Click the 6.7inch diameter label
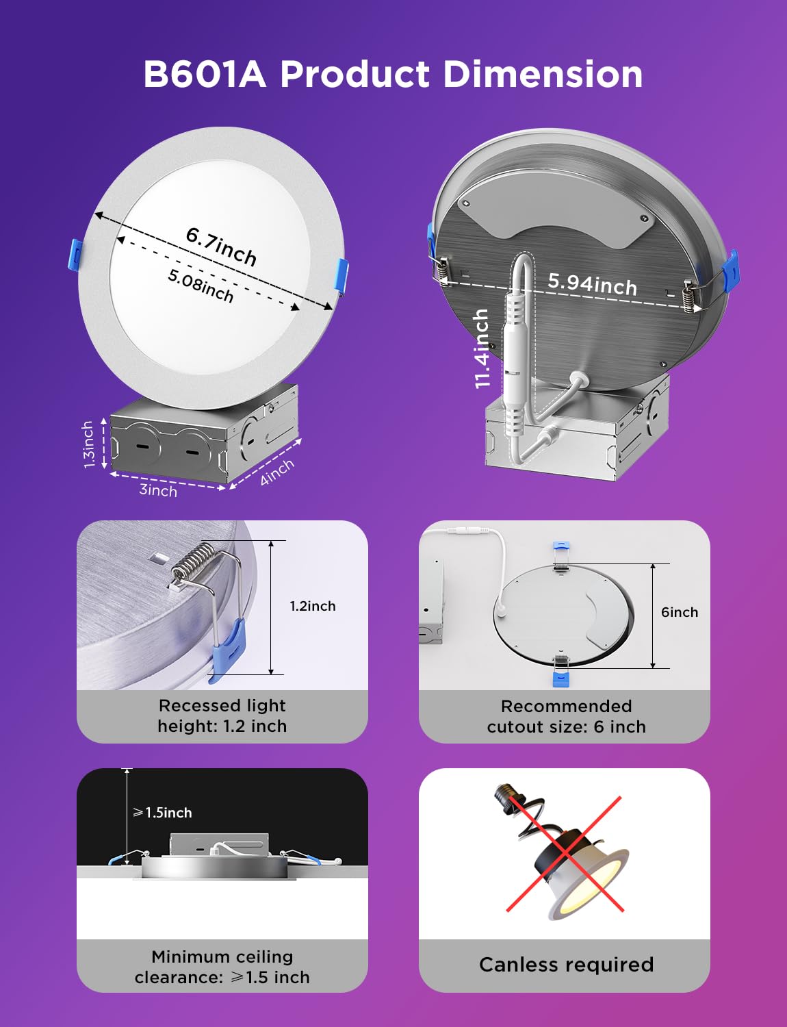221,246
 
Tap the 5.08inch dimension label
201,285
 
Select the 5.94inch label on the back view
592,283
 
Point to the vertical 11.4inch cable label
482,348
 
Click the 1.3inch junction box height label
88,444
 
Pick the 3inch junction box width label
158,490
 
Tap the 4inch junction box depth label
276,472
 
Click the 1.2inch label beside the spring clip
313,606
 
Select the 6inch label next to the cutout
679,612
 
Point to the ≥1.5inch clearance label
162,813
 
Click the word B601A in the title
204,74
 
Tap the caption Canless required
566,964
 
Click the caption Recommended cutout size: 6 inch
566,716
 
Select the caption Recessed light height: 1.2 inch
222,715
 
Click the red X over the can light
564,853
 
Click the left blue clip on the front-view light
77,255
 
